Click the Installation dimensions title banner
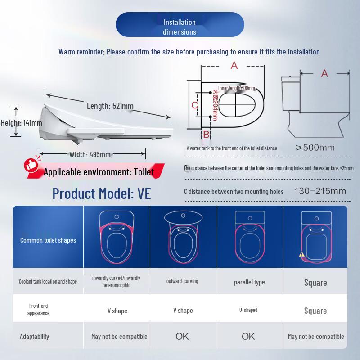[x=180, y=27]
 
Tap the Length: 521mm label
[x=110, y=106]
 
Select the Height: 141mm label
[x=21, y=122]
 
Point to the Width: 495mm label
[x=90, y=154]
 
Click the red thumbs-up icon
[x=32, y=165]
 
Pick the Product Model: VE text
[x=102, y=193]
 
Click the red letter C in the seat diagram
[x=195, y=105]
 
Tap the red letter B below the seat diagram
[x=206, y=134]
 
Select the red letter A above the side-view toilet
[x=324, y=74]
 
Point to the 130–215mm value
[x=320, y=191]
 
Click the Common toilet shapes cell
[x=48, y=240]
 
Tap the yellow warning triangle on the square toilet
[x=302, y=254]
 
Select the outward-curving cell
[x=182, y=281]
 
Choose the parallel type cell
[x=249, y=282]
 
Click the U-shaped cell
[x=248, y=310]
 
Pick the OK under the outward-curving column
[x=182, y=336]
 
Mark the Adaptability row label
[x=35, y=336]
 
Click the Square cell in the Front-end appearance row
[x=315, y=310]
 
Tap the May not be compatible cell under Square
[x=316, y=336]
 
